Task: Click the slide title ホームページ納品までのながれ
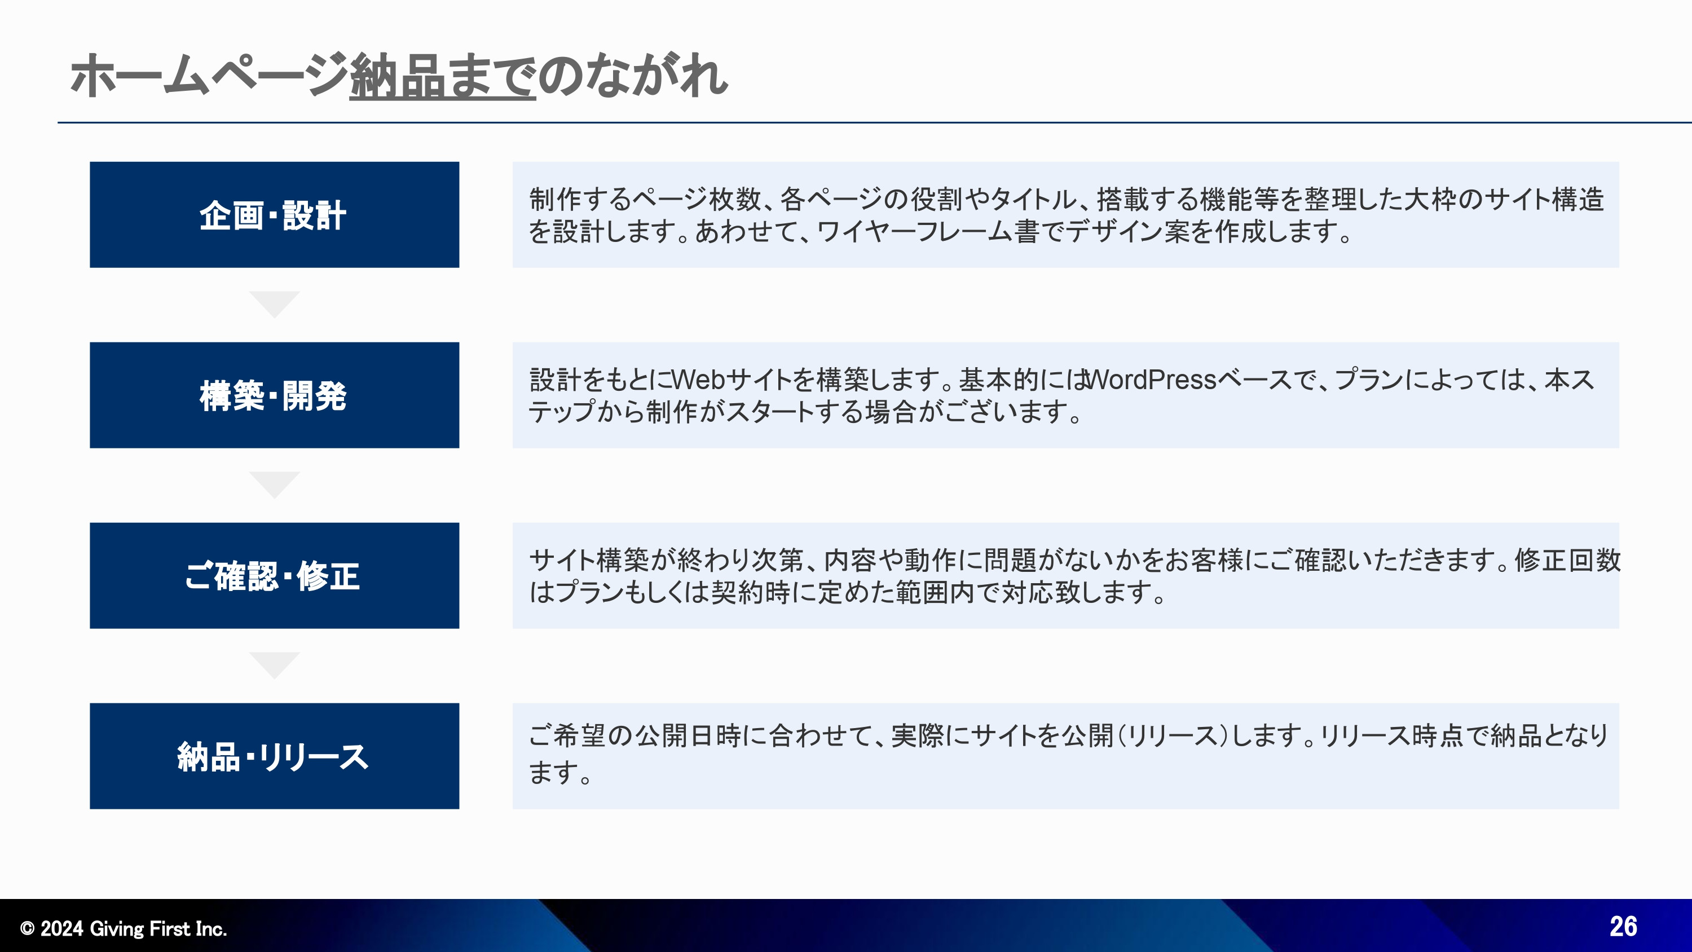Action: (x=399, y=76)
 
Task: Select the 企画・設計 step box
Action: (x=274, y=215)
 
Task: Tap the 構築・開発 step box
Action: (x=274, y=395)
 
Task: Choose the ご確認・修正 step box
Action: (x=274, y=575)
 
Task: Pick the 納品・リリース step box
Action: (x=274, y=756)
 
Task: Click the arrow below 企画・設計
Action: (x=275, y=303)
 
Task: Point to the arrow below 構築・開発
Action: (x=275, y=484)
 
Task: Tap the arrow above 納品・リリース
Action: (x=275, y=664)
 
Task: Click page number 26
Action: (x=1623, y=927)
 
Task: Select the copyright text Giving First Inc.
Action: (x=158, y=928)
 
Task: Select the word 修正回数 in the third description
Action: (x=1567, y=561)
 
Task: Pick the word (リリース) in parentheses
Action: (x=1173, y=736)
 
